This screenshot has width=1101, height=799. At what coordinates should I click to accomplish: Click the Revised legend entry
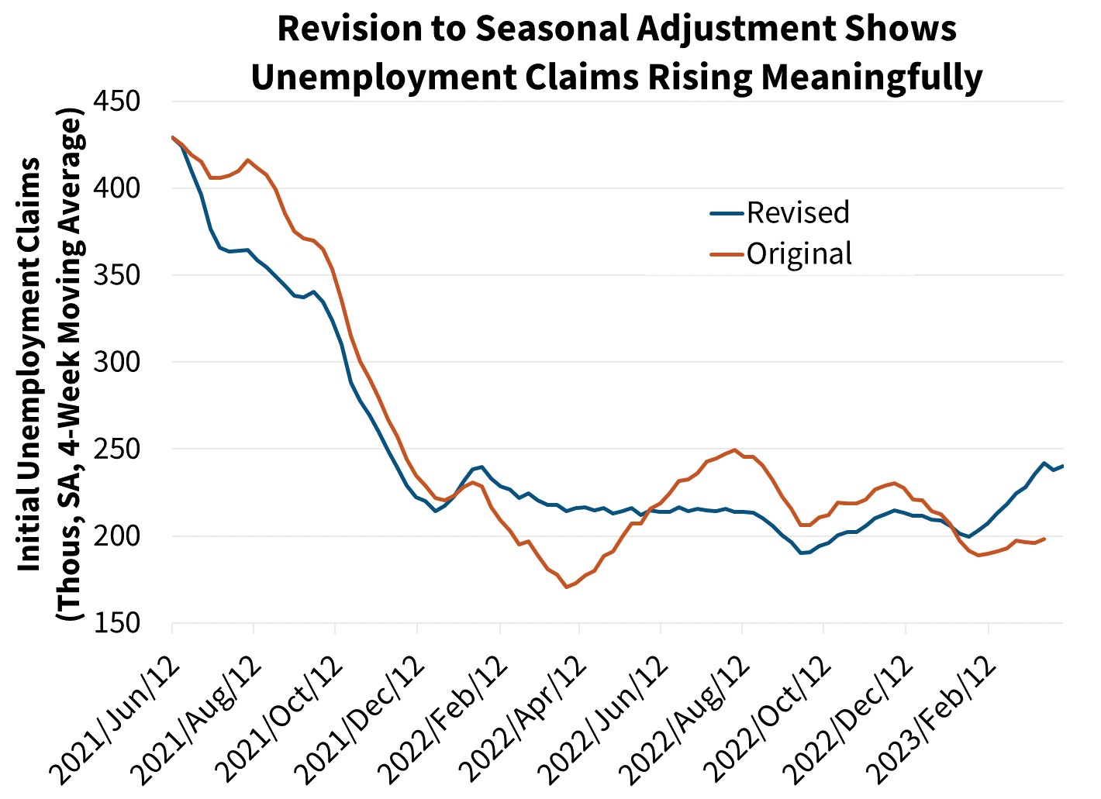(797, 212)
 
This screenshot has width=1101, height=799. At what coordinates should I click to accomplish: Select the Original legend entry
(799, 253)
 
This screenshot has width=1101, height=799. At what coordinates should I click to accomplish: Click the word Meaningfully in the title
(871, 77)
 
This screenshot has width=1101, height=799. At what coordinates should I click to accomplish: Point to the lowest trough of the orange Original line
(566, 587)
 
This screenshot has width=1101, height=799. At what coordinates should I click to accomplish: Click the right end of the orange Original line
(1045, 539)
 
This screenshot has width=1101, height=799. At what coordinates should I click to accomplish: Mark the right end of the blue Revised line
(1061, 466)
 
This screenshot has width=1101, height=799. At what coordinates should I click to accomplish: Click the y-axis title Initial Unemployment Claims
(31, 364)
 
